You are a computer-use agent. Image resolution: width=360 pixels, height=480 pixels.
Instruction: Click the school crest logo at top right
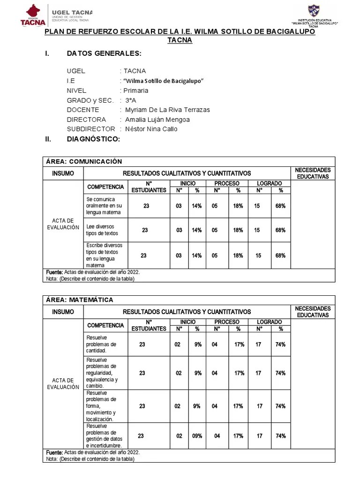[314, 11]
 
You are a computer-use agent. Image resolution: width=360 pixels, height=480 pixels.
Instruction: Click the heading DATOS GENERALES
[104, 54]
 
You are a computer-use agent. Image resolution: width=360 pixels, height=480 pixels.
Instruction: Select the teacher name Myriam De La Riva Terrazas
[167, 110]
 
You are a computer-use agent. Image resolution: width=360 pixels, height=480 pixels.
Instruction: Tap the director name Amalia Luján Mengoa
[157, 120]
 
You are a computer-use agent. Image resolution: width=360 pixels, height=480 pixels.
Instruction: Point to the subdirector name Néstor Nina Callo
[151, 129]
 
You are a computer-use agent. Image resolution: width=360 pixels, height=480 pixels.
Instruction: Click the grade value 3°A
[131, 100]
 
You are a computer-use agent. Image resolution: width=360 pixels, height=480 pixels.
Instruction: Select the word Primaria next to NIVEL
[135, 90]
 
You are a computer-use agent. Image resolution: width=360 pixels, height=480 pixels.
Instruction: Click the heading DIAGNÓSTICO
[93, 139]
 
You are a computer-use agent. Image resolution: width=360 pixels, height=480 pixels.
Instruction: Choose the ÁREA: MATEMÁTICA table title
[80, 300]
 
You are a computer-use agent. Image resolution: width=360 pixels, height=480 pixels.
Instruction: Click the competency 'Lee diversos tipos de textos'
[102, 230]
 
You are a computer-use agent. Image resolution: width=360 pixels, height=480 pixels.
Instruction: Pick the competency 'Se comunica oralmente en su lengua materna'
[104, 206]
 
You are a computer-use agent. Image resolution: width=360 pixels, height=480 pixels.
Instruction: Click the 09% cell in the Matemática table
[197, 435]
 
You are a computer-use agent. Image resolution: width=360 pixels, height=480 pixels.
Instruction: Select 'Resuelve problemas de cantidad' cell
[102, 344]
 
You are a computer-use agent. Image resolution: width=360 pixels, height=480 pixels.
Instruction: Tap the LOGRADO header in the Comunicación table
[270, 183]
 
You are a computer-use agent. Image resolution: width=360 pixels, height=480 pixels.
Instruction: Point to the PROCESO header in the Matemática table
[226, 322]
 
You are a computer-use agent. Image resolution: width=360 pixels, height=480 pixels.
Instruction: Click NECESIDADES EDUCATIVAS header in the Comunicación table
[313, 173]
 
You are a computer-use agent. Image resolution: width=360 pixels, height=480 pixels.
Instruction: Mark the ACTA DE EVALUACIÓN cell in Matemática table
[63, 384]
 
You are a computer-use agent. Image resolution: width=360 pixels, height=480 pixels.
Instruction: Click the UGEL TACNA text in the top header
[72, 12]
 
